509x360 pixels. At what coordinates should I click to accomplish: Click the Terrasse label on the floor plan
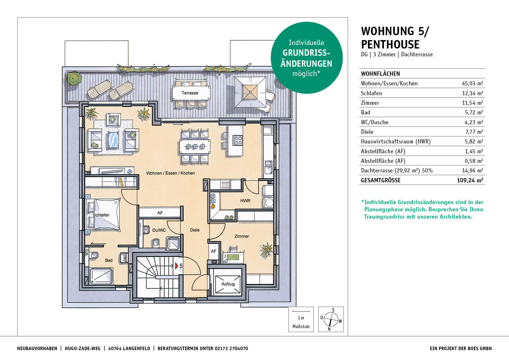click(190, 93)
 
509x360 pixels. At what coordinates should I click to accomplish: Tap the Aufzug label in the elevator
click(228, 284)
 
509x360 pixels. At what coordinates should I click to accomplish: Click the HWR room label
click(245, 201)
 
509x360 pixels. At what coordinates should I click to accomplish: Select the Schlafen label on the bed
click(101, 215)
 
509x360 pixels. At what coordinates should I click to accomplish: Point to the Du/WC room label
click(159, 230)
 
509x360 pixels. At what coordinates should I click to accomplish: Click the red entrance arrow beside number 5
click(176, 266)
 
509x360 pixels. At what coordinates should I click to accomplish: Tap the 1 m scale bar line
click(301, 312)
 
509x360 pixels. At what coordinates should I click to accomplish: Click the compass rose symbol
click(330, 320)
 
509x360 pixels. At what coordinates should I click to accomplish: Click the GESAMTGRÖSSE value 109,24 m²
click(470, 180)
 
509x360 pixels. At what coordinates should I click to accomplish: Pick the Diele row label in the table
click(367, 132)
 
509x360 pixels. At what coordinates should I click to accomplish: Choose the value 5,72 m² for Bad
click(474, 112)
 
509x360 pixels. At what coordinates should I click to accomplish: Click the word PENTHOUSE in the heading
click(390, 44)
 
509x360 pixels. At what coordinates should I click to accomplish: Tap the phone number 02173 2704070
click(231, 348)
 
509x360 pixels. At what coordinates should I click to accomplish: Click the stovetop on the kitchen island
click(238, 141)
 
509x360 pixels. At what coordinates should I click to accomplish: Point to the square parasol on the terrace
click(250, 92)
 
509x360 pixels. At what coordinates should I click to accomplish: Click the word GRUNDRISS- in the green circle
click(306, 53)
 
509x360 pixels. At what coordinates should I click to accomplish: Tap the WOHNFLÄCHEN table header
click(380, 74)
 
